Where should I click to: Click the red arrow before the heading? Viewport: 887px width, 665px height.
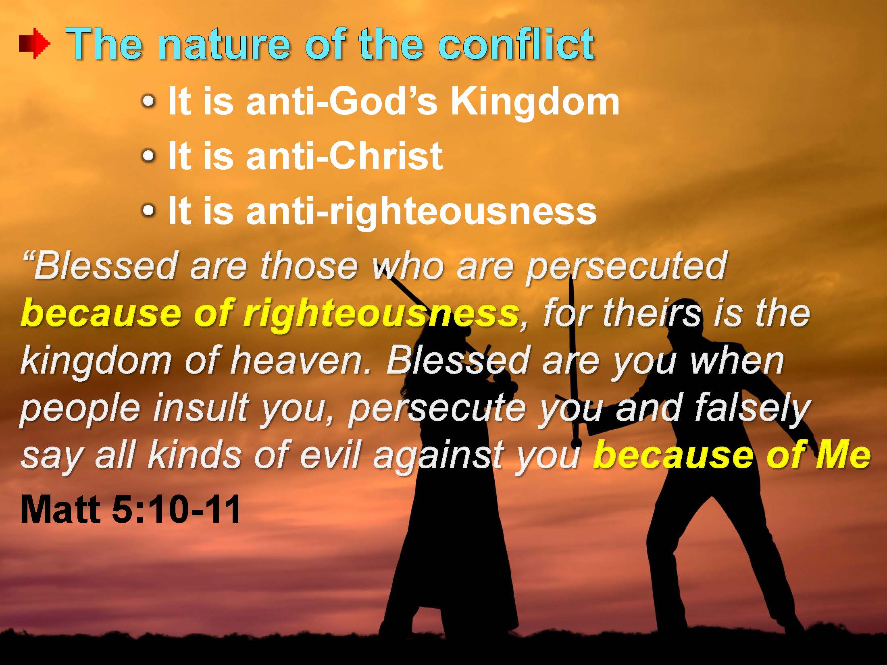pyautogui.click(x=35, y=44)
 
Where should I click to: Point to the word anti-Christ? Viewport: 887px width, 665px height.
pyautogui.click(x=345, y=156)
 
